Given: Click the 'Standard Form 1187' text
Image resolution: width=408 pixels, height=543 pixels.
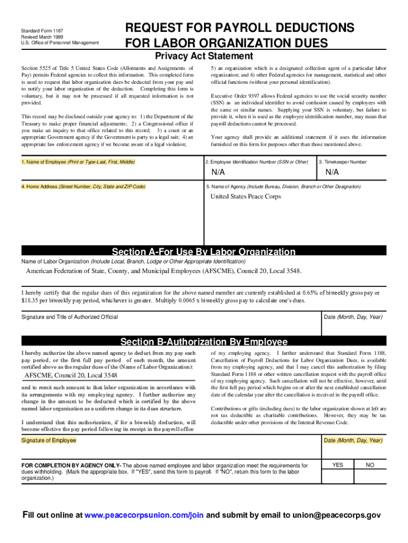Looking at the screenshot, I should pyautogui.click(x=42, y=31).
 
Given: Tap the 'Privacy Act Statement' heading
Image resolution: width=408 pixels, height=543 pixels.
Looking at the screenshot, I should pyautogui.click(x=204, y=56).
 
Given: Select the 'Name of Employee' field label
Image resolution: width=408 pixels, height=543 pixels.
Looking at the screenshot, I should pyautogui.click(x=78, y=162).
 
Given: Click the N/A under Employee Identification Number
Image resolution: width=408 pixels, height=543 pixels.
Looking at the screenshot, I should pyautogui.click(x=218, y=173).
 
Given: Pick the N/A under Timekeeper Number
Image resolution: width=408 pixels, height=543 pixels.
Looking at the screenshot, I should pyautogui.click(x=332, y=173).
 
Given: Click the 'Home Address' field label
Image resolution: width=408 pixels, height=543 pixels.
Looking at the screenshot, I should pyautogui.click(x=83, y=187).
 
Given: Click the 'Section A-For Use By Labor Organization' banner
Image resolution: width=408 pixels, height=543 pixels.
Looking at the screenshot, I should pyautogui.click(x=204, y=252).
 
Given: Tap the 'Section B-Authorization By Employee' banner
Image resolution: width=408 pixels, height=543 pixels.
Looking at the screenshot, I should pyautogui.click(x=204, y=341).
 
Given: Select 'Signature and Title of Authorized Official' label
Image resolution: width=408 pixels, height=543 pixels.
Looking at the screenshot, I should pyautogui.click(x=69, y=317).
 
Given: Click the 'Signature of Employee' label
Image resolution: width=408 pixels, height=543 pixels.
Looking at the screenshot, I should pyautogui.click(x=49, y=440).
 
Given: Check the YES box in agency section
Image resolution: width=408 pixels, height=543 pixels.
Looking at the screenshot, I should pyautogui.click(x=338, y=465).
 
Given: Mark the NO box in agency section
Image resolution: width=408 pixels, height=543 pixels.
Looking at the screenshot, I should pyautogui.click(x=370, y=465).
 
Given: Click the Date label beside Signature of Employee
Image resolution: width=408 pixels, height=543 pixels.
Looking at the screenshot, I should pyautogui.click(x=353, y=440).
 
